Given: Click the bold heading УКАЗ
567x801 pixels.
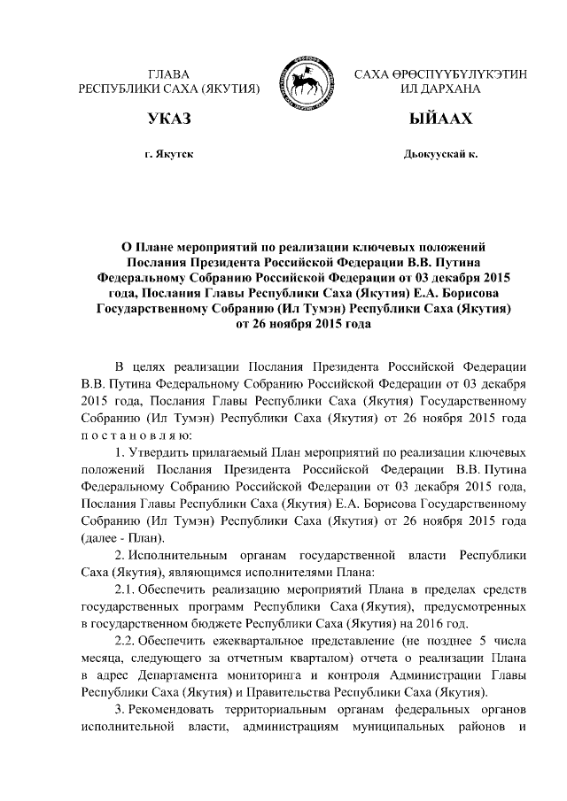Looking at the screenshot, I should click(170, 119).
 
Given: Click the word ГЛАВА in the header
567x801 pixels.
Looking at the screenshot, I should click(169, 73).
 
